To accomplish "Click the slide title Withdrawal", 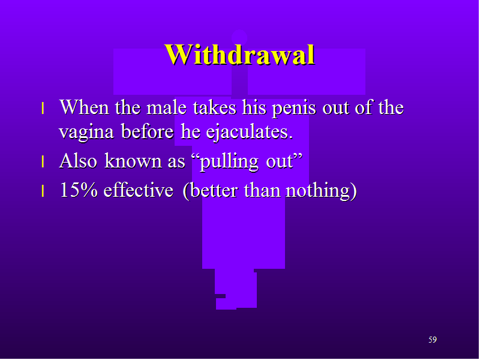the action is click(x=239, y=55).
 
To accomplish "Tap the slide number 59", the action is click(x=433, y=340).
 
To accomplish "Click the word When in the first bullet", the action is click(x=85, y=107).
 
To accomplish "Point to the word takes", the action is click(x=215, y=107).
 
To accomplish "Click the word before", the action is click(x=148, y=131).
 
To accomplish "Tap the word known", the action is click(x=133, y=160).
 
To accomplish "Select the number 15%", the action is click(x=79, y=190).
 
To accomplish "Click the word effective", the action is click(x=139, y=190).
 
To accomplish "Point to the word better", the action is click(x=214, y=190).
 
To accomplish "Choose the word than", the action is click(x=262, y=190).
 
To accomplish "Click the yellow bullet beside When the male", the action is click(x=43, y=109).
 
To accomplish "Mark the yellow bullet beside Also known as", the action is click(x=43, y=161).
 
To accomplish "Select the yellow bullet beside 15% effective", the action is click(x=43, y=191).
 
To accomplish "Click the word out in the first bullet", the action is click(x=336, y=107).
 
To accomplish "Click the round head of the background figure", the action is click(x=239, y=38).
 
